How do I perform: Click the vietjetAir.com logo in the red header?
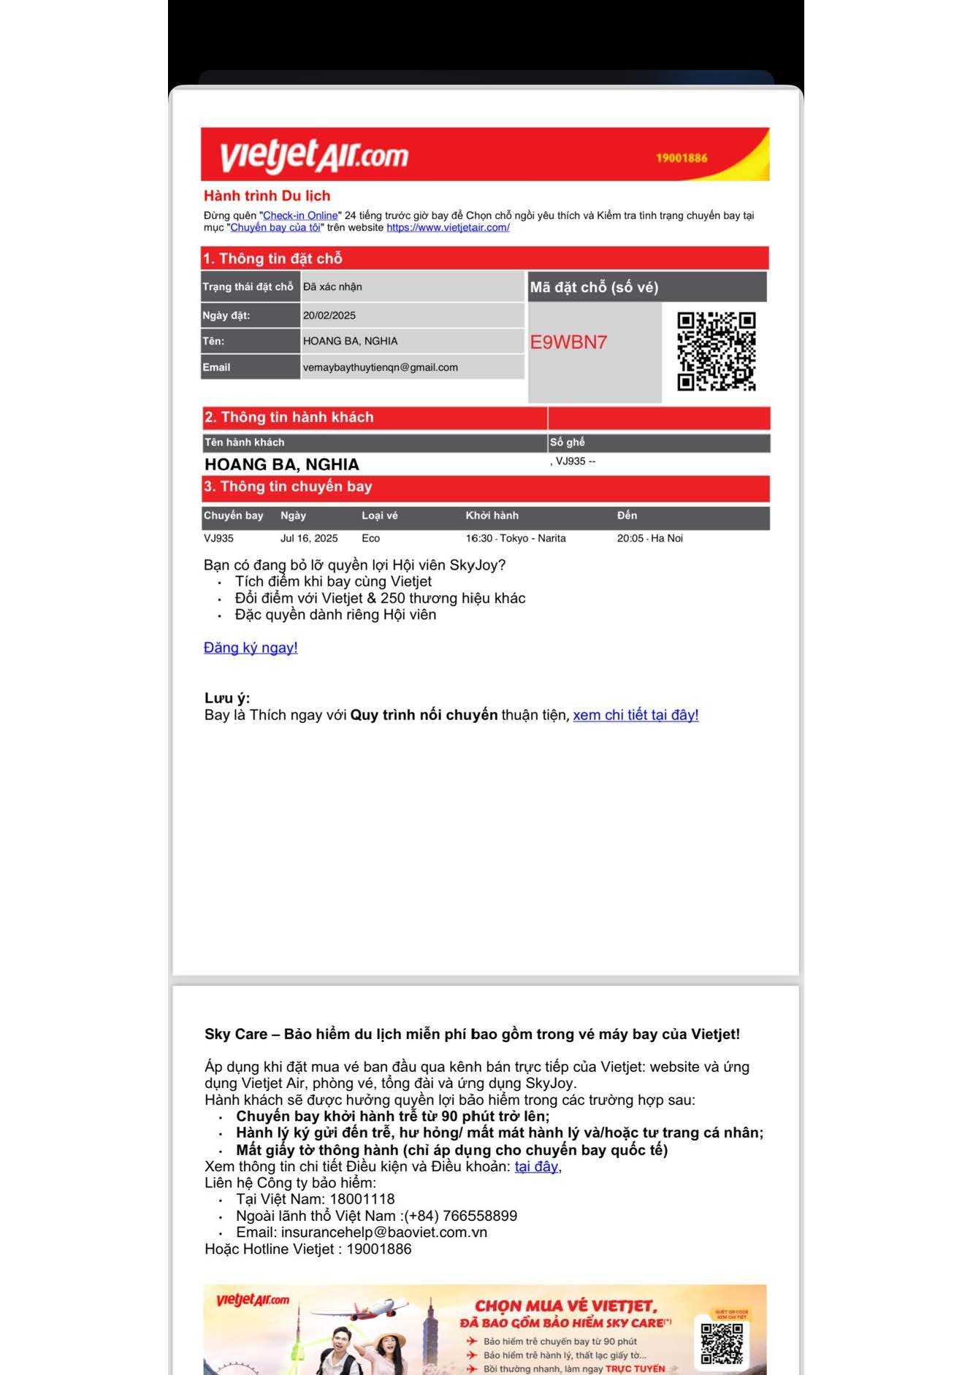click(x=313, y=156)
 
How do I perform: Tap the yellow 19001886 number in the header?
click(x=681, y=158)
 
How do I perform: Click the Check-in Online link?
click(x=300, y=215)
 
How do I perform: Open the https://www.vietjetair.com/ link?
click(x=448, y=227)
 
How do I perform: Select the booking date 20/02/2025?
click(x=329, y=315)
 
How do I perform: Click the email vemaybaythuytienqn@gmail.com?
click(x=381, y=367)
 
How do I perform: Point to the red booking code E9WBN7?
click(x=568, y=342)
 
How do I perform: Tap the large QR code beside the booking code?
click(x=716, y=351)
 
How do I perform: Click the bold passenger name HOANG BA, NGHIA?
click(x=282, y=464)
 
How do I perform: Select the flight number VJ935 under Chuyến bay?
click(x=218, y=538)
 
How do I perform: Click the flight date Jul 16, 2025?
click(x=309, y=538)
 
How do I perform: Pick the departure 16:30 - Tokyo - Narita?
click(x=516, y=538)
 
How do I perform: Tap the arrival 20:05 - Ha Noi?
click(x=649, y=538)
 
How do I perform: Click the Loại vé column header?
click(x=380, y=516)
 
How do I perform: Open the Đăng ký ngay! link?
click(x=251, y=648)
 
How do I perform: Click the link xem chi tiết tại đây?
click(x=636, y=715)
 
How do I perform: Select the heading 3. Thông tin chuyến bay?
click(x=288, y=487)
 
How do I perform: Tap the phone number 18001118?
click(x=362, y=1199)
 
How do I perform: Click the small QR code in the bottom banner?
click(x=721, y=1343)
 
